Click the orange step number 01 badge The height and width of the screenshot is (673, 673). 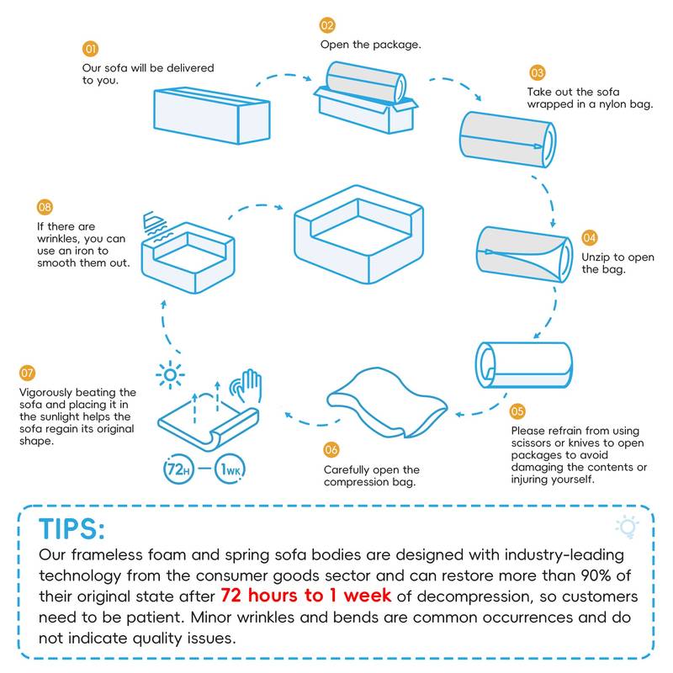click(x=91, y=49)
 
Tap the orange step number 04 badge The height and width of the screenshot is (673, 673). click(x=590, y=238)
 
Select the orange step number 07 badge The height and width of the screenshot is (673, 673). click(x=27, y=373)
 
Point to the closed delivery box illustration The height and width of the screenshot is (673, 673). click(x=212, y=115)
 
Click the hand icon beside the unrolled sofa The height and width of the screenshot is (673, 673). click(x=246, y=385)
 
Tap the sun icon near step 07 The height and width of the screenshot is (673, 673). click(x=170, y=374)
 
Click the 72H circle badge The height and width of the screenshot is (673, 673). click(x=179, y=469)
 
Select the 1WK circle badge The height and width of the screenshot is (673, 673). click(x=230, y=469)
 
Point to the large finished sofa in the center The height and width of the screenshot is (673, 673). click(x=359, y=234)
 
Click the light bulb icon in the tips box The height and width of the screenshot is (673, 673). click(x=628, y=527)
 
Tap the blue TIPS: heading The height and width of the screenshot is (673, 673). click(x=72, y=529)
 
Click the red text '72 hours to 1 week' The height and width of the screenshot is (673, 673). click(x=305, y=596)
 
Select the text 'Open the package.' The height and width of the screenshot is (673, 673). click(x=370, y=45)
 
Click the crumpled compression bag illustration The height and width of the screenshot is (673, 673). click(x=387, y=402)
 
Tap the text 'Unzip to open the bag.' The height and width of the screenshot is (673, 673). click(x=617, y=263)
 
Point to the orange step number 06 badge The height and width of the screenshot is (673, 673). click(x=331, y=450)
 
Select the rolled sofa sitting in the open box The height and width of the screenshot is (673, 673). click(x=366, y=82)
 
